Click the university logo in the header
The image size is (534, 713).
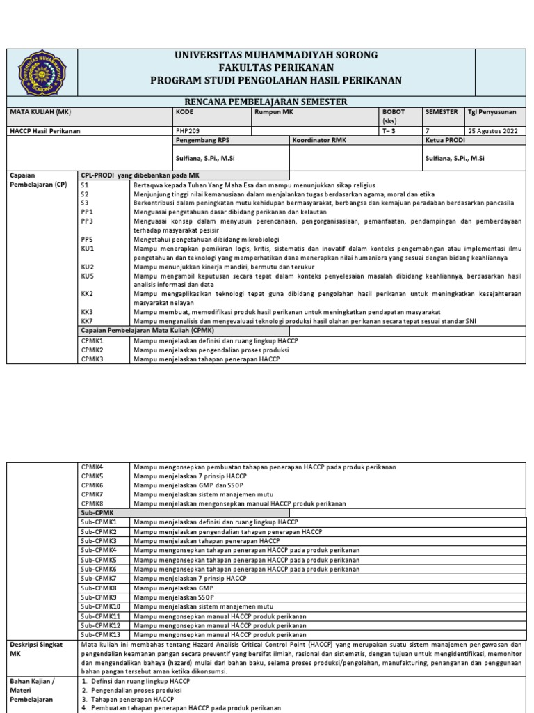(x=42, y=73)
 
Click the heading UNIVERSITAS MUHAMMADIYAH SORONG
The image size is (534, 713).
(x=276, y=55)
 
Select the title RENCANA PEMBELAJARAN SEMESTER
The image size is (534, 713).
(x=276, y=102)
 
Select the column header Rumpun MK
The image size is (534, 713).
(x=273, y=111)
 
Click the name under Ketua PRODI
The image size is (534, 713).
(x=455, y=159)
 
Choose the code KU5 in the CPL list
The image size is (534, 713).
(x=87, y=276)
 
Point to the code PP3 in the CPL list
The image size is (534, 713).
(x=87, y=220)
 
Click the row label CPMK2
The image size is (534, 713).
(x=92, y=350)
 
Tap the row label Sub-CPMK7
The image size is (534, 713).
(x=98, y=578)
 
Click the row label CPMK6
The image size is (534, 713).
(x=92, y=485)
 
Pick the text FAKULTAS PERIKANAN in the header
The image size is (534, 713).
(x=276, y=68)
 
